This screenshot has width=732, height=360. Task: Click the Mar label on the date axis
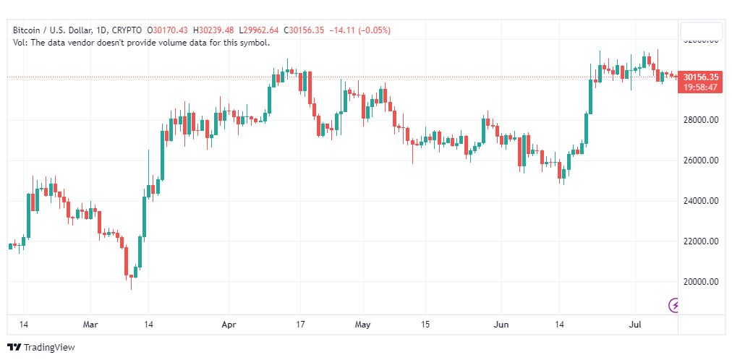click(90, 325)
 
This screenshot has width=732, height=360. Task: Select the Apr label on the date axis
click(229, 325)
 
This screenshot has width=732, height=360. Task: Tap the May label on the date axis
click(362, 325)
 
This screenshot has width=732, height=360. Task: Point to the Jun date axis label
click(501, 325)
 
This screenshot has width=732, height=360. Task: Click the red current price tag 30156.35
click(700, 77)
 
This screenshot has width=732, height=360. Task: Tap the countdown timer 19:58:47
click(700, 87)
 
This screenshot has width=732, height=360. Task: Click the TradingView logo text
click(48, 348)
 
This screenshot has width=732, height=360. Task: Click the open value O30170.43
click(167, 30)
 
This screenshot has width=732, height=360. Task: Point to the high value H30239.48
click(214, 30)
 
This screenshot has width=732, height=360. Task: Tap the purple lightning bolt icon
click(674, 305)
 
